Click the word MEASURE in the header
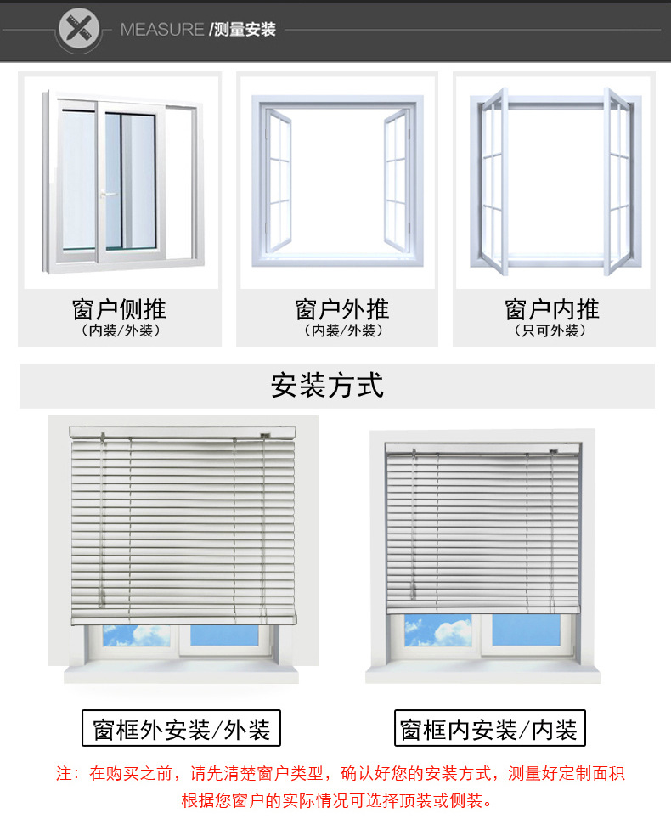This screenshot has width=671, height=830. (161, 30)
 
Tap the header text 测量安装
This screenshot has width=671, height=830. (245, 30)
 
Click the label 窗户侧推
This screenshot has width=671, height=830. (119, 308)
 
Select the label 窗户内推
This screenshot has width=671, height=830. (552, 308)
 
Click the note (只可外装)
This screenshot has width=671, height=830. (552, 330)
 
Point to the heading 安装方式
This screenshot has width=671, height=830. (328, 386)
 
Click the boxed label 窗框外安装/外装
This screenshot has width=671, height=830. (182, 729)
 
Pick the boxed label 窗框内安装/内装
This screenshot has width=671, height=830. (489, 729)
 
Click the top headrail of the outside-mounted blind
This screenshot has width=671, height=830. (182, 432)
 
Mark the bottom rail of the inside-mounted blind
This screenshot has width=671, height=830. (482, 609)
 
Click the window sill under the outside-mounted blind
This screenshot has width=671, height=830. (182, 675)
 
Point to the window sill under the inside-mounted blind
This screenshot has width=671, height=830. (482, 675)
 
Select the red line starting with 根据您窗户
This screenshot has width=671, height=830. (336, 800)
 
